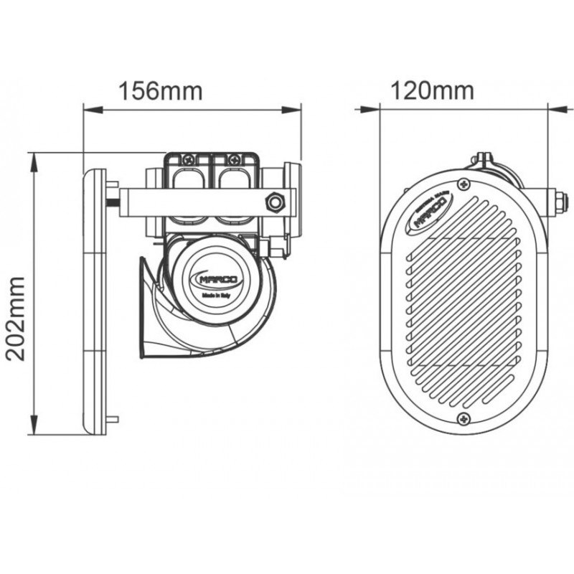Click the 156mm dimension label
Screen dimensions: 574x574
click(x=161, y=91)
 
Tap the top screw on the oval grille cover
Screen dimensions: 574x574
click(x=466, y=185)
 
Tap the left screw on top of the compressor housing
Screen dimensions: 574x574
click(x=189, y=159)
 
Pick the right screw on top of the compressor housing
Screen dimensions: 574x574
click(x=234, y=159)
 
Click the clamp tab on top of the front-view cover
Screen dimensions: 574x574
click(x=484, y=159)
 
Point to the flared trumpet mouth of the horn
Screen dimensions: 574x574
click(x=146, y=309)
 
